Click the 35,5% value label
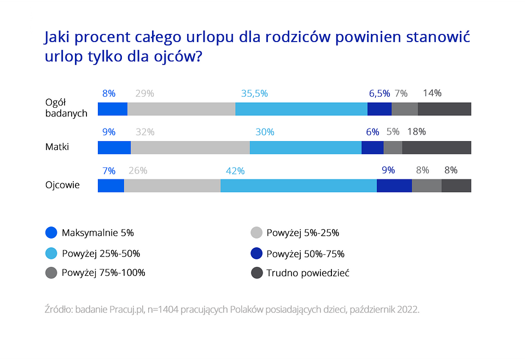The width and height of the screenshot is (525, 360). tap(254, 94)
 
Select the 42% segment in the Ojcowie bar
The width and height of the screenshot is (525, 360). tap(299, 185)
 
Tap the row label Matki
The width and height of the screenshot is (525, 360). tap(57, 147)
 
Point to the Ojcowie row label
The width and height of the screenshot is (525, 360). tap(62, 185)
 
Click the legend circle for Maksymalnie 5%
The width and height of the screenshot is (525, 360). tap(51, 233)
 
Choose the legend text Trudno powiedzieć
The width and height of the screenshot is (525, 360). tap(308, 272)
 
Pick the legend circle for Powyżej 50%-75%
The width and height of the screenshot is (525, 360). tap(256, 253)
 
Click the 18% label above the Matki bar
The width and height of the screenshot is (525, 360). tap(417, 132)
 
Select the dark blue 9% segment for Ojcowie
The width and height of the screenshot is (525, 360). tap(394, 185)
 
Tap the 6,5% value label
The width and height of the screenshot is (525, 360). tap(379, 94)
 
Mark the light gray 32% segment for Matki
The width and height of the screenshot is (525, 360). tap(190, 148)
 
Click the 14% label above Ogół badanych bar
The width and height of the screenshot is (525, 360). tap(432, 93)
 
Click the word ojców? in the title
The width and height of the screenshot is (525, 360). tap(176, 57)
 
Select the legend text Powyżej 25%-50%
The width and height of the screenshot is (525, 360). tap(101, 253)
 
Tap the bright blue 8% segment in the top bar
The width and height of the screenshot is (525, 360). tap(112, 109)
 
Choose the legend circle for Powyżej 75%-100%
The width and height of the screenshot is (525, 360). tap(51, 272)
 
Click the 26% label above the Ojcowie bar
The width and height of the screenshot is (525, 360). tap(138, 170)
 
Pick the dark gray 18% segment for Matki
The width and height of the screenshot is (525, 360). tap(436, 148)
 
